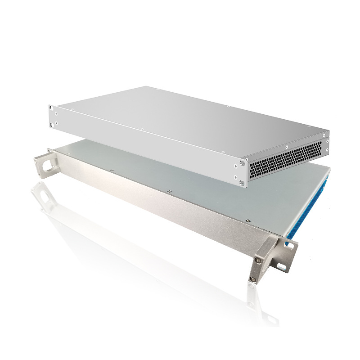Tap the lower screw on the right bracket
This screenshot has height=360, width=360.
point(253,279)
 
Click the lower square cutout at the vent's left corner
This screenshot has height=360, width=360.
point(242,183)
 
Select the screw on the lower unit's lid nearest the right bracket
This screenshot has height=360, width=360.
point(248,220)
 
